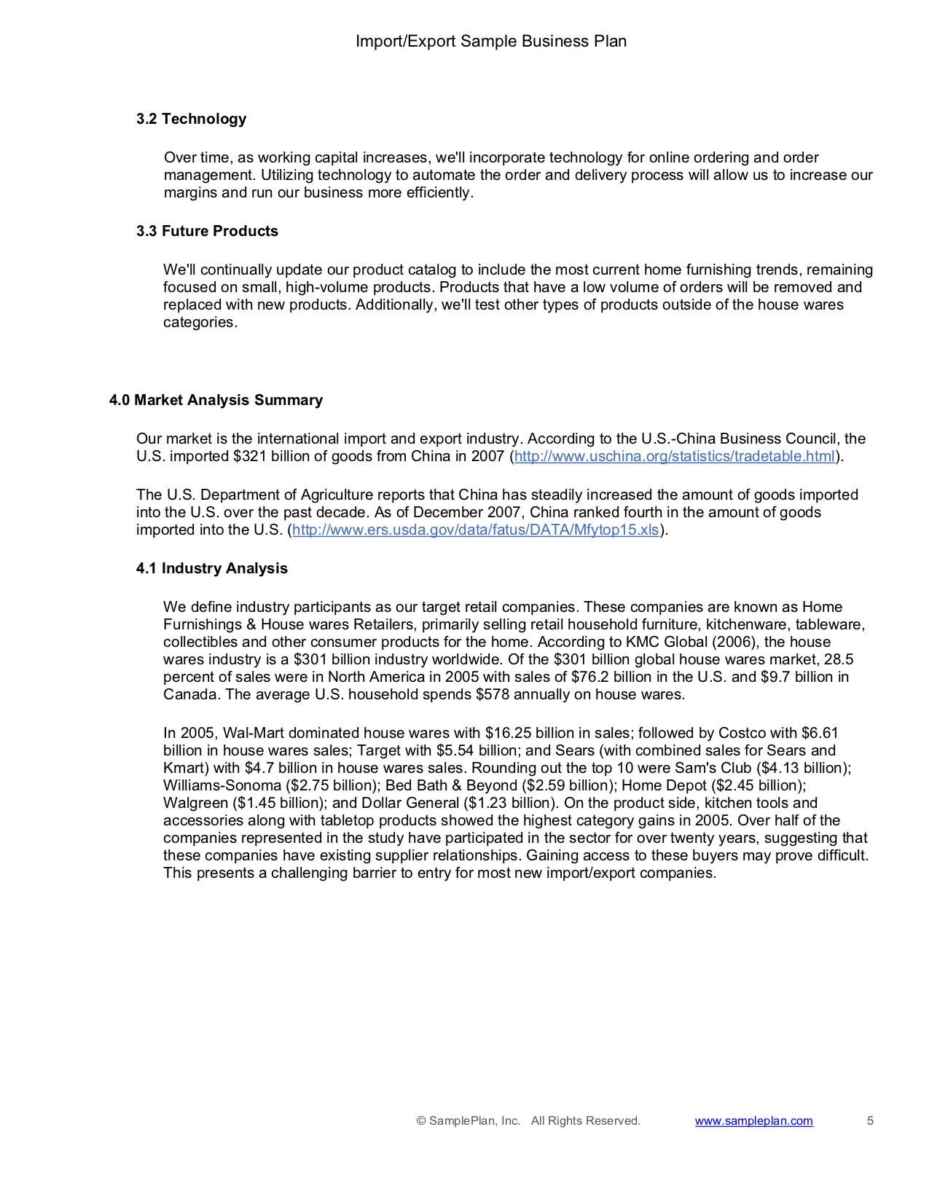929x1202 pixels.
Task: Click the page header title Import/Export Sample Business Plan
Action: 490,42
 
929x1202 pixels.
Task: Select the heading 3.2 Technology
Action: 191,119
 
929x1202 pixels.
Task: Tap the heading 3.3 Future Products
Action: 207,231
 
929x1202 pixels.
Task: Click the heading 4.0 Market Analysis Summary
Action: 216,400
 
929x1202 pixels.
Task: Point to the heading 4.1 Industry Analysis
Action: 211,568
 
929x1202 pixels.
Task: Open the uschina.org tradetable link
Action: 674,457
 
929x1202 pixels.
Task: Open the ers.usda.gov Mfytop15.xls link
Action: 475,530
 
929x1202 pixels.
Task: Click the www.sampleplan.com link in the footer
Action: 753,1121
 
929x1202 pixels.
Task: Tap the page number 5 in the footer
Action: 870,1121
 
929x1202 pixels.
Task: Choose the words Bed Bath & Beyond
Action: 451,785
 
